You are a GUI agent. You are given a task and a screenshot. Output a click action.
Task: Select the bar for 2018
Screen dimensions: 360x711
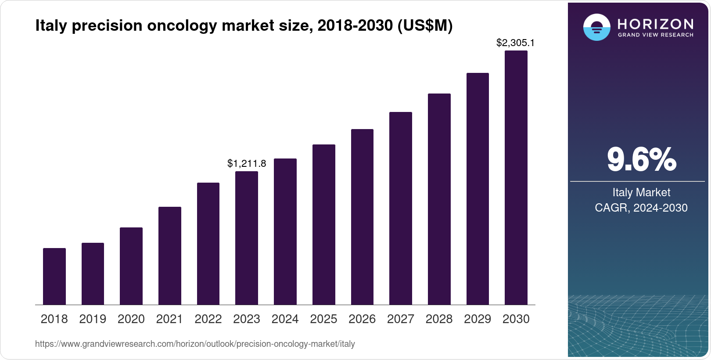tap(54, 277)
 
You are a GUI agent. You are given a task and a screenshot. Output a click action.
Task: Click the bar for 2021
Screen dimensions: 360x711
tap(170, 256)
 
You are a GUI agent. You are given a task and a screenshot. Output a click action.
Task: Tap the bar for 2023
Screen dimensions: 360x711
tap(247, 238)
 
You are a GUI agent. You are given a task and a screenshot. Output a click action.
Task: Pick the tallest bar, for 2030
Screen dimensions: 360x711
tap(516, 178)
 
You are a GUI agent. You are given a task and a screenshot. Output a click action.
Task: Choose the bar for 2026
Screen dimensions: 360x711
tap(362, 217)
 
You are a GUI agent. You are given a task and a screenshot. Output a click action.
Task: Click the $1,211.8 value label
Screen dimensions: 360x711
tap(247, 164)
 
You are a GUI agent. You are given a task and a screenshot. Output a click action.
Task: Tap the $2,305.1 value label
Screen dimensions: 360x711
tap(515, 43)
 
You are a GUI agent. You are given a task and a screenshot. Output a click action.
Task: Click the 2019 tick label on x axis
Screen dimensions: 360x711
tap(93, 319)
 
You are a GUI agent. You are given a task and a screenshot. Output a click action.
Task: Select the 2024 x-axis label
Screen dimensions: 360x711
tap(285, 319)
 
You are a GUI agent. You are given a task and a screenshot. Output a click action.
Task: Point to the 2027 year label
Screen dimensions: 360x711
tap(401, 319)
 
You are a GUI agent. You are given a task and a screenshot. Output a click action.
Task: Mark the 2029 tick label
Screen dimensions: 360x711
tap(478, 319)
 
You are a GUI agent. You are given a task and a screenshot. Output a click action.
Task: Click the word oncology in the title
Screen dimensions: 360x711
tap(182, 26)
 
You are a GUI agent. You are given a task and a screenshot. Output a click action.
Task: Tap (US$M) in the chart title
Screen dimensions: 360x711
tap(424, 26)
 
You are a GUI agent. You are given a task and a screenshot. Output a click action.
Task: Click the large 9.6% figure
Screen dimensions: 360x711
tap(641, 160)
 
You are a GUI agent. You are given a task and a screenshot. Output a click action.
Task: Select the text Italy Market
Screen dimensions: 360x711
tap(641, 192)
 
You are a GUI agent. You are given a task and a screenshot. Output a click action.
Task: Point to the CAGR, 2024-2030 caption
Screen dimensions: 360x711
tap(641, 208)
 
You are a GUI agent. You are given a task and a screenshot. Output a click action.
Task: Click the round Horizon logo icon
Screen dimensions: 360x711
tap(596, 27)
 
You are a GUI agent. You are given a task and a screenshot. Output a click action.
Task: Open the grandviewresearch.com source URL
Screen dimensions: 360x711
tap(195, 344)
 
